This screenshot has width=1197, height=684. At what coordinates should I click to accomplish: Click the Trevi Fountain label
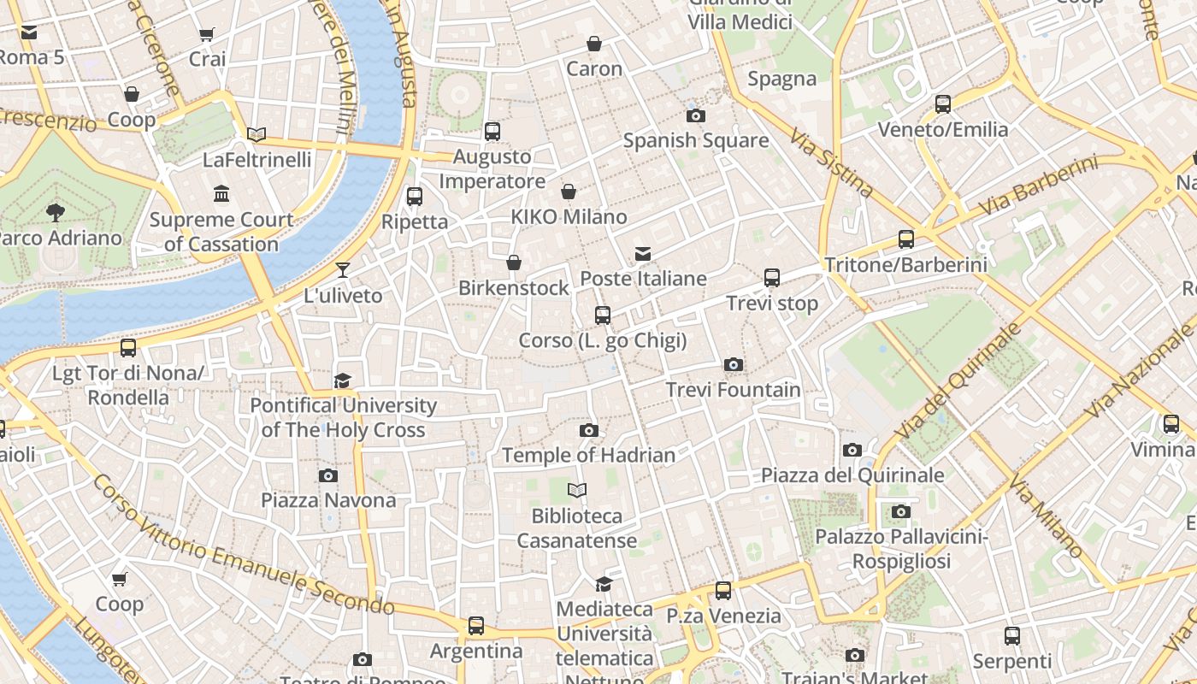click(734, 390)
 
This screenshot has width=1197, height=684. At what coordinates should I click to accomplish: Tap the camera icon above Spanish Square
click(696, 115)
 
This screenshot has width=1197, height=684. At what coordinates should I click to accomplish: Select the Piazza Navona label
click(328, 500)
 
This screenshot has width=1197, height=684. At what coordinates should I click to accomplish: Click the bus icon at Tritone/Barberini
click(906, 239)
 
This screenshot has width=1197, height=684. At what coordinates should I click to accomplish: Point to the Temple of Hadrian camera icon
click(589, 430)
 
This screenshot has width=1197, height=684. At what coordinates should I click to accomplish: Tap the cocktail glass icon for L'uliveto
click(343, 270)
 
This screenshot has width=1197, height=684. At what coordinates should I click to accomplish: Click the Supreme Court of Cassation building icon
click(221, 194)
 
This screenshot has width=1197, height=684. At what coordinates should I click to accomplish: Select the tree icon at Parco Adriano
click(56, 211)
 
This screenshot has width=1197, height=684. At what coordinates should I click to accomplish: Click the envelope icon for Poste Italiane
click(643, 254)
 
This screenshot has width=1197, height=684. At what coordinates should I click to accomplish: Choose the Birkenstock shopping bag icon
click(514, 262)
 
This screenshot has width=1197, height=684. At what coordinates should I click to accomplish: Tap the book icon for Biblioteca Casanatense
click(578, 491)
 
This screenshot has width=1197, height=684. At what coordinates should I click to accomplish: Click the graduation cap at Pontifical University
click(343, 380)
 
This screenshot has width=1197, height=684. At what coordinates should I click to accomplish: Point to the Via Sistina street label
click(830, 163)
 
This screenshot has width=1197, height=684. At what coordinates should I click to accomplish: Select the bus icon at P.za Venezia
click(723, 590)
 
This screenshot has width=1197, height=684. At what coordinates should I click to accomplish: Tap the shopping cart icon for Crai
click(207, 34)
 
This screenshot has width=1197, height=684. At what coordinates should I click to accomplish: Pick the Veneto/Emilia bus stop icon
click(943, 104)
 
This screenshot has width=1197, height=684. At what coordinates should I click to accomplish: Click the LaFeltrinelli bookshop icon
click(256, 134)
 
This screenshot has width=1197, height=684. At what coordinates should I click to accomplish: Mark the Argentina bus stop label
click(476, 652)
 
